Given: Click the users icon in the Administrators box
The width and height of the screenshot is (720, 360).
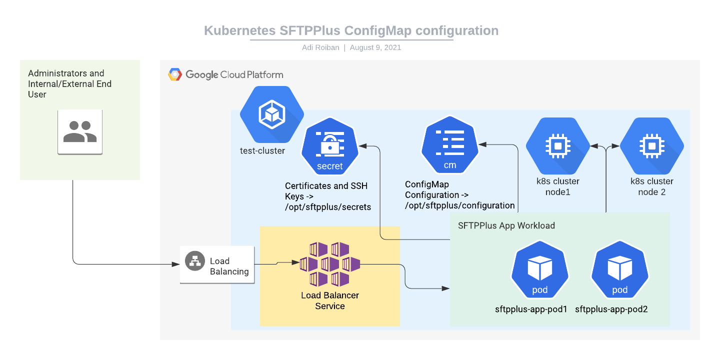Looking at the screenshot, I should click(80, 132).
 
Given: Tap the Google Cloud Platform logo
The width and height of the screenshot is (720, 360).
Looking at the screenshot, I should click(175, 74).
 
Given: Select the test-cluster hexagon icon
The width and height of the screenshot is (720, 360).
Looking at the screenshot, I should click(272, 115).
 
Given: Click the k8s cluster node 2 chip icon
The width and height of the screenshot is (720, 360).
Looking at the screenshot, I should click(651, 146).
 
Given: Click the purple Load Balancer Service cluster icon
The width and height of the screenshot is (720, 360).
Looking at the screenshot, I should click(330, 264).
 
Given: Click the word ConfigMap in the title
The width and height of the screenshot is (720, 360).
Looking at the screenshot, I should click(378, 30).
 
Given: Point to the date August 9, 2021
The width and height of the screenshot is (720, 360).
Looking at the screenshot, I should click(375, 47).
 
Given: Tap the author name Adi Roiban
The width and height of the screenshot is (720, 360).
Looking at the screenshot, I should click(320, 47).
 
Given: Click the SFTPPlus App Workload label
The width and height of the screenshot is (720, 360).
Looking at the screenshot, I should click(506, 225).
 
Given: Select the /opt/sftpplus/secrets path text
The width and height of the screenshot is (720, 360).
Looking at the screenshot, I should click(328, 207).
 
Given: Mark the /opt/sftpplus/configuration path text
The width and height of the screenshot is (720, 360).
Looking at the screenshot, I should click(460, 205).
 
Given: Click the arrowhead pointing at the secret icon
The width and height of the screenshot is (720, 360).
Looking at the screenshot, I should click(363, 145).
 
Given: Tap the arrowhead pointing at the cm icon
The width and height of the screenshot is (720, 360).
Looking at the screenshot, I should click(482, 144).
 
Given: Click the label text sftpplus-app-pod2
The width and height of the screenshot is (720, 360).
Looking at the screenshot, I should click(611, 309).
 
